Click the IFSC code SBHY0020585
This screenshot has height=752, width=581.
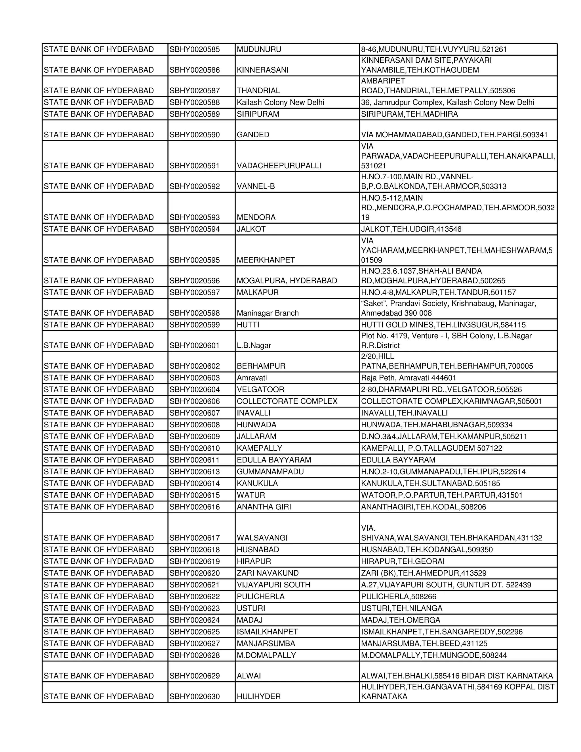[194, 50]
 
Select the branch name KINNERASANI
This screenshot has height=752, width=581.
[263, 70]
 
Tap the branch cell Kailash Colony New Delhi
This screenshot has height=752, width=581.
[280, 102]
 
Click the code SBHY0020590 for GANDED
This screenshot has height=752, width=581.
[194, 135]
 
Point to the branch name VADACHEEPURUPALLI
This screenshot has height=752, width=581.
[279, 166]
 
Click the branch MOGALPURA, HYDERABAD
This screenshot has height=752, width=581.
[287, 281]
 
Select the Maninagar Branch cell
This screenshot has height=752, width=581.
[268, 313]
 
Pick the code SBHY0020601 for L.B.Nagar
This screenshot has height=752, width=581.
[194, 345]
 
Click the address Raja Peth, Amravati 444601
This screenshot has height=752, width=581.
[408, 378]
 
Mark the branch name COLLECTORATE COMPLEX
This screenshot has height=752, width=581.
[287, 401]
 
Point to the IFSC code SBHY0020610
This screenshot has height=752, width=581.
[194, 448]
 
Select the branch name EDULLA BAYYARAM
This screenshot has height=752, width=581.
[274, 460]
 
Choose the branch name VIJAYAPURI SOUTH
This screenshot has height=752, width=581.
[273, 584]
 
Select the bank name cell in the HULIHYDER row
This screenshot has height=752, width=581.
[98, 696]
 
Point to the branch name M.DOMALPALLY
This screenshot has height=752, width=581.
[266, 655]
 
